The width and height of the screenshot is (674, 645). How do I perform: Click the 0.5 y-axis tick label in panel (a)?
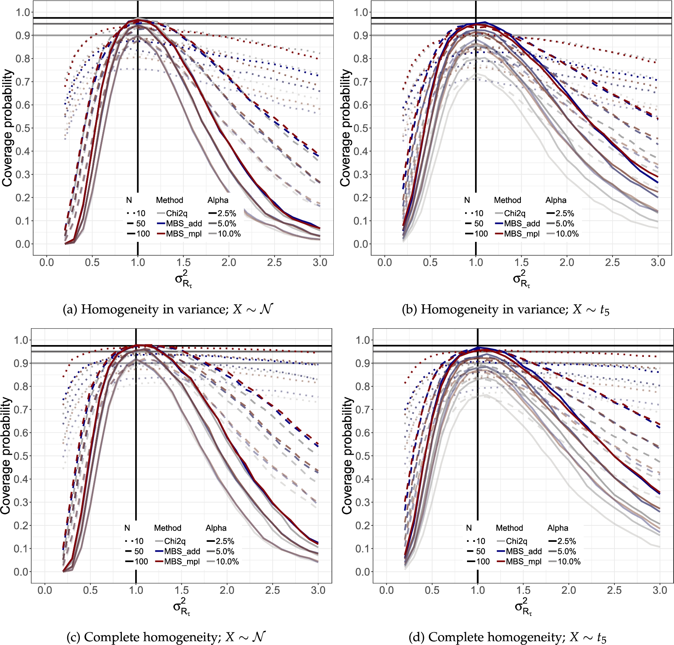click(x=23, y=128)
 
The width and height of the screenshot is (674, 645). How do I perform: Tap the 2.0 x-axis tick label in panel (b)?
click(x=567, y=263)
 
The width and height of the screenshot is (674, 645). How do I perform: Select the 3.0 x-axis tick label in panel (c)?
click(x=318, y=590)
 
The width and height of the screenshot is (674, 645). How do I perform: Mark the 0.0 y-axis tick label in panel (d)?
click(x=363, y=572)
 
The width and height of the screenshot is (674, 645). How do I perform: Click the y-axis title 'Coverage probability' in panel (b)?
click(x=345, y=128)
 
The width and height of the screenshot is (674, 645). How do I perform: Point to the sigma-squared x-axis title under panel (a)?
click(x=183, y=279)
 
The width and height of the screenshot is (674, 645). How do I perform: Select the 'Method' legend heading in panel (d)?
click(x=509, y=528)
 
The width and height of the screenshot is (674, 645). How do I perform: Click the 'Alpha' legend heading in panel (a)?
click(x=218, y=200)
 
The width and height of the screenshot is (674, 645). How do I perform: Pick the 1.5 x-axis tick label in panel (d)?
click(x=523, y=590)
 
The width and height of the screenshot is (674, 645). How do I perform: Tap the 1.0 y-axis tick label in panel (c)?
click(x=21, y=340)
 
